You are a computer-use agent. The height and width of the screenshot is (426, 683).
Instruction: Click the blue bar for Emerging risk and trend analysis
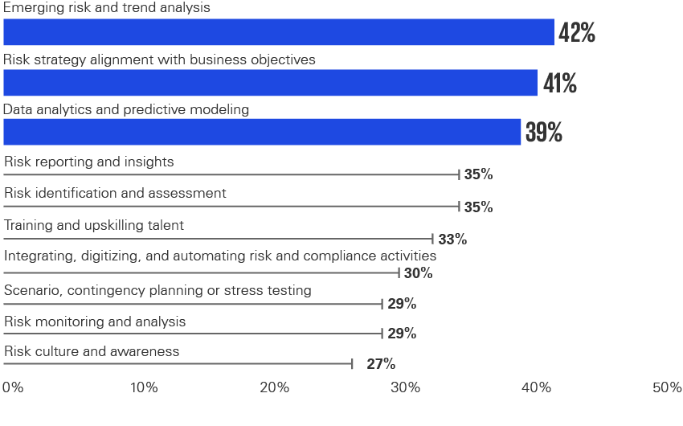[278, 33]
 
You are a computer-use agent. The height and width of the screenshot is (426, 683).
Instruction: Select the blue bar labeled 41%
[270, 83]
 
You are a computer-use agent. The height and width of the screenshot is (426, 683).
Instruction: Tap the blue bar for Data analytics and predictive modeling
[262, 132]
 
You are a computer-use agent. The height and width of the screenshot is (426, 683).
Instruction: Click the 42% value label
[577, 33]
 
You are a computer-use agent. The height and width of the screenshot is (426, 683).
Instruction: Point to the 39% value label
[544, 133]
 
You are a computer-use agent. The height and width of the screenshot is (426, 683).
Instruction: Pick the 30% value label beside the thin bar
[418, 273]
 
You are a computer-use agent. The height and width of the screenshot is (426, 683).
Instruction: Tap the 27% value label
[381, 364]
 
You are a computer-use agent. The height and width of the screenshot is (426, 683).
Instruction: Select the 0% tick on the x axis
[13, 387]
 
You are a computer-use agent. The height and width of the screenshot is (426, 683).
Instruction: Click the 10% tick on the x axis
[144, 387]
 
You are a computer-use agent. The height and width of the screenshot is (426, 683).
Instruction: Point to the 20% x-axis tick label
[275, 387]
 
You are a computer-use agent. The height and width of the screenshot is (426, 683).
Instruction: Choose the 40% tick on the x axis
[537, 387]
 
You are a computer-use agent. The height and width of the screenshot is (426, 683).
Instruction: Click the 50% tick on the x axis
[667, 387]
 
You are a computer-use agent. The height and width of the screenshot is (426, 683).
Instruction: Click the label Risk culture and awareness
[92, 351]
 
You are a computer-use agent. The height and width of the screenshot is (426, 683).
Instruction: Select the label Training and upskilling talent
[94, 225]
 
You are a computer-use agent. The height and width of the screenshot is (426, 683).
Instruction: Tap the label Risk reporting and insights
[89, 162]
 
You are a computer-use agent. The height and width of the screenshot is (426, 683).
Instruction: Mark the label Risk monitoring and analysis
[95, 322]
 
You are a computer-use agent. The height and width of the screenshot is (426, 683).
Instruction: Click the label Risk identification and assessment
[115, 193]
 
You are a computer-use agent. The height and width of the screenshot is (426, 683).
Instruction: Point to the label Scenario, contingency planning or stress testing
[157, 290]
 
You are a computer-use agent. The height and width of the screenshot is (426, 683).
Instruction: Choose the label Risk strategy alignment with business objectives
[160, 59]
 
